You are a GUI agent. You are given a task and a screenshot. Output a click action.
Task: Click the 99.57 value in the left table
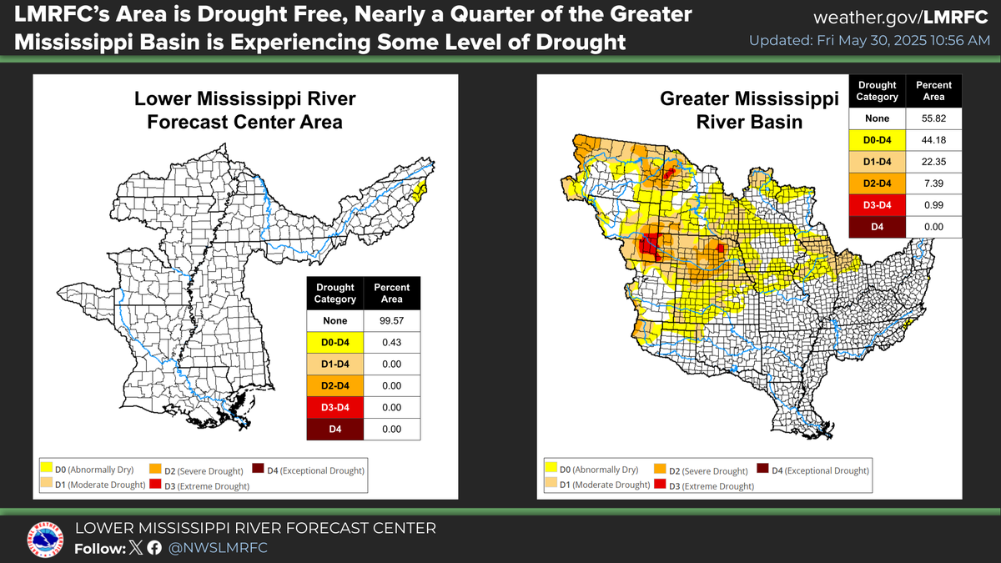pos(391,320)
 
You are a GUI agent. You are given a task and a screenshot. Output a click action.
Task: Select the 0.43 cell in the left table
pos(391,342)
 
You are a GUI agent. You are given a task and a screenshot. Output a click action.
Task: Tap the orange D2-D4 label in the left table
pos(335,385)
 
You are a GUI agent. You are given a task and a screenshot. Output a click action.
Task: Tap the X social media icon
pos(137,548)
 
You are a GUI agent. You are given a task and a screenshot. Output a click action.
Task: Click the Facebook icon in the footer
pos(154,548)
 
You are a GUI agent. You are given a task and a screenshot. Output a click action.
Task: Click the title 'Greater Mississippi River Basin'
pos(749,110)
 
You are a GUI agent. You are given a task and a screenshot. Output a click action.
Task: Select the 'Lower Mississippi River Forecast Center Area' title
pos(245,111)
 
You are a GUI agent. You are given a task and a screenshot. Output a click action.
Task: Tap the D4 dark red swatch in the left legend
pos(259,470)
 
